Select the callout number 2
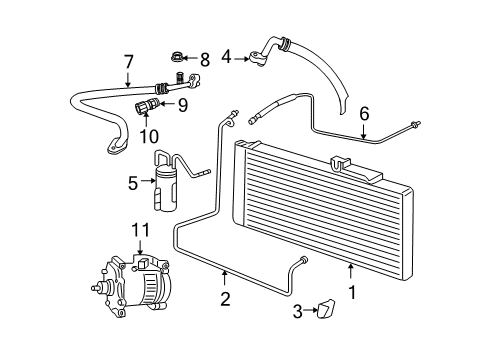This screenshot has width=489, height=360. coord(225,297)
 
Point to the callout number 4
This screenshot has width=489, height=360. coord(227,57)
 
